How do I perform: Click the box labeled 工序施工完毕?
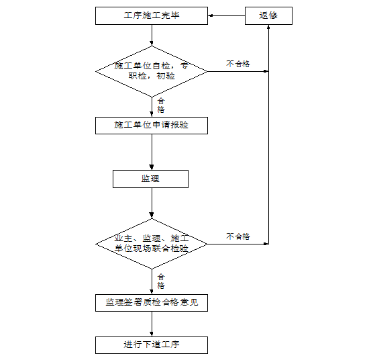point(152,15)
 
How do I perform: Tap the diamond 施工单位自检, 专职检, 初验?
point(152,71)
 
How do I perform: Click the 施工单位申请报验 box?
point(152,126)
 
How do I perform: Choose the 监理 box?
point(150,179)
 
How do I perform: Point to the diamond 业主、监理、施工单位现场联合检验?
point(152,243)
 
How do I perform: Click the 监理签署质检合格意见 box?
point(152,303)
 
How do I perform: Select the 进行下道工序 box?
point(152,345)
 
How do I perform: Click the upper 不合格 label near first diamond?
point(237,64)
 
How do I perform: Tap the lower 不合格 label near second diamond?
point(237,236)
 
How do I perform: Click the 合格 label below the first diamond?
point(161,105)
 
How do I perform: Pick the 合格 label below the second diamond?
point(161,281)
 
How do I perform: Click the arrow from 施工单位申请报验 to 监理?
point(152,152)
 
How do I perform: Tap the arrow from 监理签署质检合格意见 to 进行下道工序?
point(152,324)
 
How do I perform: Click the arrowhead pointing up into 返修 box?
point(268,30)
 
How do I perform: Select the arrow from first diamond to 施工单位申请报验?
point(152,107)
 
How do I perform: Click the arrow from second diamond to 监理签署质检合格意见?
point(152,281)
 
